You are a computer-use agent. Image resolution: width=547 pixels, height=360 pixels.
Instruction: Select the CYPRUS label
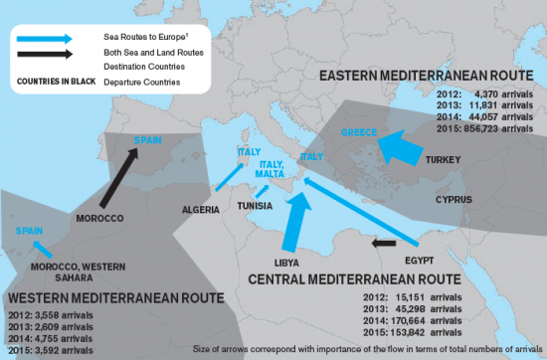tap(453, 199)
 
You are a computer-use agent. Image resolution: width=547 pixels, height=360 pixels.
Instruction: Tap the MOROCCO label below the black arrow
tap(99, 218)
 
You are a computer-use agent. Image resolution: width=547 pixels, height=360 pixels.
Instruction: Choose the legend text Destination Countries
tap(138, 66)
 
